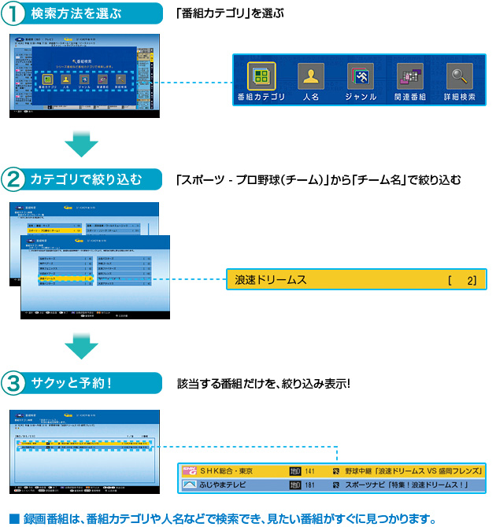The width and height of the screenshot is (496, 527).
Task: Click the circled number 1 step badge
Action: [15, 14]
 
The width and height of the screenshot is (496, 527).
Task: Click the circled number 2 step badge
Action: [15, 179]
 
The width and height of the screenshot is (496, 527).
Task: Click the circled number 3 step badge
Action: [15, 385]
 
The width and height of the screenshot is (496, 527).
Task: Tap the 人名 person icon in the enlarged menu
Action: [310, 76]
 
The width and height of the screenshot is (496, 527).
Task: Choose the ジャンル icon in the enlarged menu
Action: [361, 76]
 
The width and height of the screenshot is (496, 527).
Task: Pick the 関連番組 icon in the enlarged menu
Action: [409, 76]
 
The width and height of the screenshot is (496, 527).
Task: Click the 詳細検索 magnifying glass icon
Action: [459, 76]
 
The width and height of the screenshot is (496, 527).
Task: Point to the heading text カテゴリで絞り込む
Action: [86, 179]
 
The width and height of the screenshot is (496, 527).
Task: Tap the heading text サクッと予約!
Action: [72, 385]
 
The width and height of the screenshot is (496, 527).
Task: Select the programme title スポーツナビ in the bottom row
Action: [371, 485]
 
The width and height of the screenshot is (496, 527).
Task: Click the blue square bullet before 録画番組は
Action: [13, 518]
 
